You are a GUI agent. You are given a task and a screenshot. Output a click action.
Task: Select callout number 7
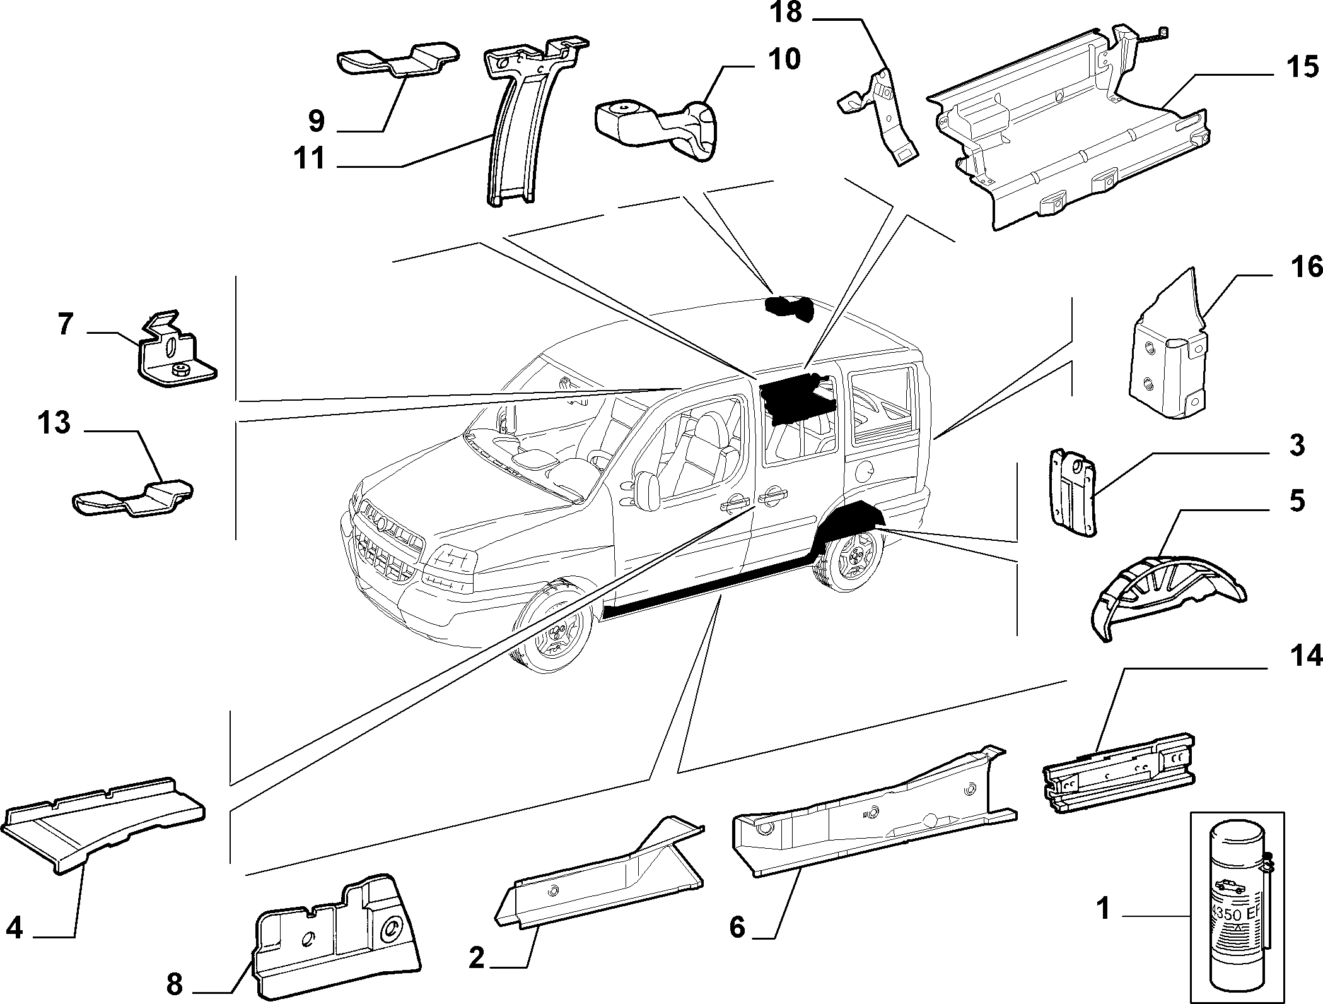[66, 326]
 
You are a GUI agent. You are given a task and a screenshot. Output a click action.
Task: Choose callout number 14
[1305, 657]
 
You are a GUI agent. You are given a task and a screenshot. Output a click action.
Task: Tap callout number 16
[1305, 267]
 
